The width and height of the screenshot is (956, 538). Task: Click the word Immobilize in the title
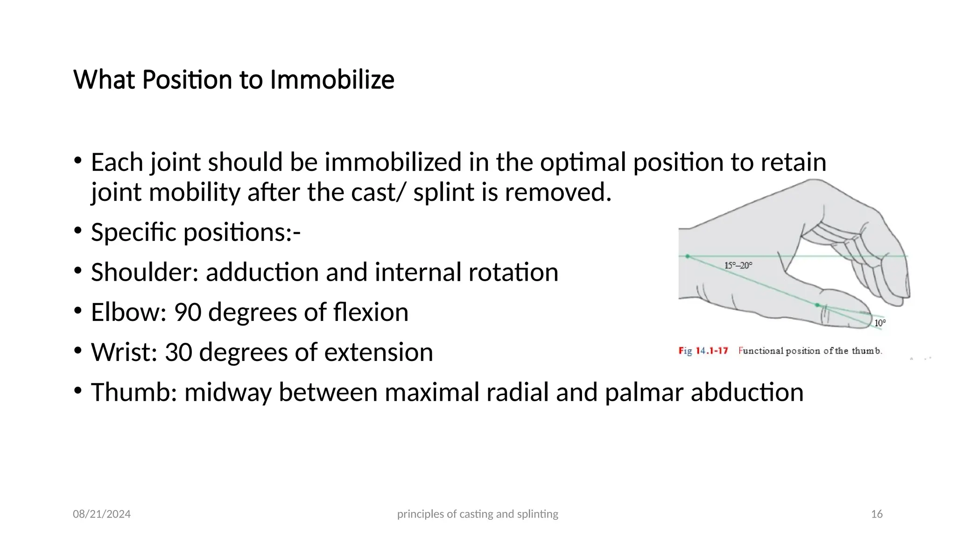pos(332,79)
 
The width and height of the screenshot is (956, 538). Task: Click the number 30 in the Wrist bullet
pos(178,352)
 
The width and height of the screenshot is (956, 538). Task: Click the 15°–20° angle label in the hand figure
pos(738,265)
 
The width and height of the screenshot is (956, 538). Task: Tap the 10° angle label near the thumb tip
pos(879,323)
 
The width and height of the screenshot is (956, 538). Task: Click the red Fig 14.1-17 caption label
pos(703,351)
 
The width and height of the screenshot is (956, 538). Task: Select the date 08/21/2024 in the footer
pos(102,514)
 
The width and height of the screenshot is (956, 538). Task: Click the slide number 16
pos(877,514)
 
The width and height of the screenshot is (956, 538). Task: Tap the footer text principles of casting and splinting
pos(478,514)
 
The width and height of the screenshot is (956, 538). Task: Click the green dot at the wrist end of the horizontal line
pos(688,256)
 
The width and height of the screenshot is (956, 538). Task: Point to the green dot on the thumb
pos(817,305)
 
